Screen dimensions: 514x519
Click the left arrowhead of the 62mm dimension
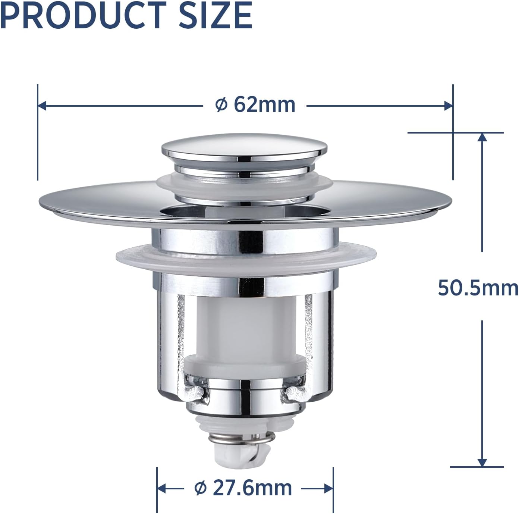[42, 106]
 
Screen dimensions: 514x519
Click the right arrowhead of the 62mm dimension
[448, 106]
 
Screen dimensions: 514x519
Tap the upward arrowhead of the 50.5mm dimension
[482, 137]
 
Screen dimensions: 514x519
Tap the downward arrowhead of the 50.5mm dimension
[482, 463]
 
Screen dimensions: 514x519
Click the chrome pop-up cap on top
[245, 149]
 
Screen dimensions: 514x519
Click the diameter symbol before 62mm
[221, 105]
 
